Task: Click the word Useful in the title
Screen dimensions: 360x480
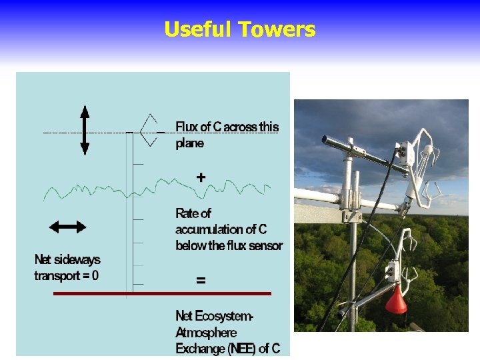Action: coord(198,29)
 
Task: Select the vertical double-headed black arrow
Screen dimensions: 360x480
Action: coord(85,130)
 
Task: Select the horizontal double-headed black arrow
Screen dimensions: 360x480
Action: coord(68,227)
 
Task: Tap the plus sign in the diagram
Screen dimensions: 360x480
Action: coord(200,177)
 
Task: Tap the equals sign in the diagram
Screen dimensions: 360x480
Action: coord(200,281)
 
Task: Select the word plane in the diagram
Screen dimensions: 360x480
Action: coord(190,143)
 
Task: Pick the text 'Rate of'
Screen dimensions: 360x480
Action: coord(193,213)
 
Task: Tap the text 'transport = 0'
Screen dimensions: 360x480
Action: coord(67,275)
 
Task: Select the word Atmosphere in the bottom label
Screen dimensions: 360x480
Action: coord(206,332)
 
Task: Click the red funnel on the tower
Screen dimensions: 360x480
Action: coord(396,301)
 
